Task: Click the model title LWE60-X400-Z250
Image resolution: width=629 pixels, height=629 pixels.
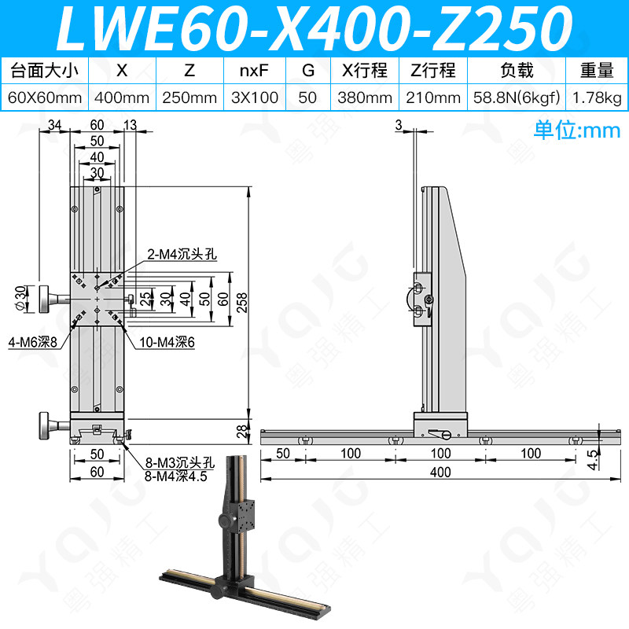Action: coord(315,28)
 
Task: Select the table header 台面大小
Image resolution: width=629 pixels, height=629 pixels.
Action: coord(44,71)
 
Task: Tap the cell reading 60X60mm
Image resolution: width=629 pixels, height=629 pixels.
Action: coord(45,97)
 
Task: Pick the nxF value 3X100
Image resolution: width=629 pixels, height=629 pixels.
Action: coord(255,97)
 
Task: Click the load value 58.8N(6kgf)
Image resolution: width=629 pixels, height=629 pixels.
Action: coord(517,97)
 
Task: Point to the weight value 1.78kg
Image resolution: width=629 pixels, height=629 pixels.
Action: coord(598,97)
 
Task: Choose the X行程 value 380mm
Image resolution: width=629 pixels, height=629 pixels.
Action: coord(365,97)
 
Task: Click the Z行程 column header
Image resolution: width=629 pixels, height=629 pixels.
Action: coord(433,71)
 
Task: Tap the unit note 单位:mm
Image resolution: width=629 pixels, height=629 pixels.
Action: coord(577,130)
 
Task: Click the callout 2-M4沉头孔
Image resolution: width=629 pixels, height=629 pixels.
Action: coord(182,254)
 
